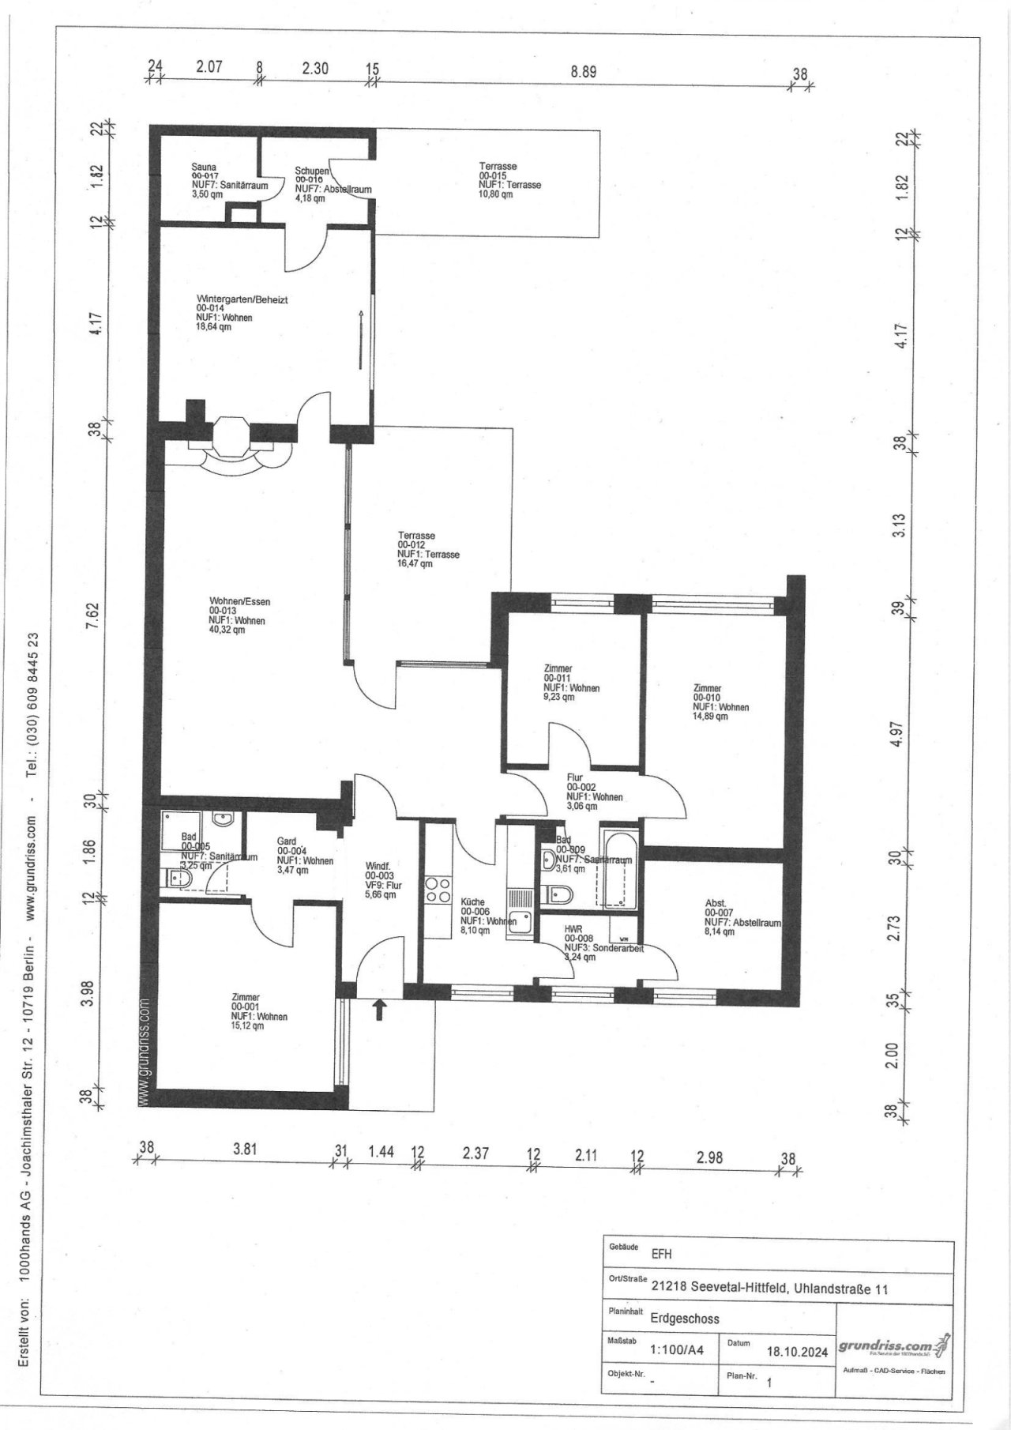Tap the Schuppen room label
click(x=312, y=171)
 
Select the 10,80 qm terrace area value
click(x=495, y=194)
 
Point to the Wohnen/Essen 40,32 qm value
click(x=227, y=630)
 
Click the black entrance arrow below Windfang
click(x=379, y=1009)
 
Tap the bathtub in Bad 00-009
click(x=618, y=867)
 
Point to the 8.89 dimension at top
click(x=583, y=71)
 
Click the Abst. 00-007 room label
click(x=716, y=904)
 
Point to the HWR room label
click(x=573, y=930)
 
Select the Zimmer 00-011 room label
click(x=558, y=669)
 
